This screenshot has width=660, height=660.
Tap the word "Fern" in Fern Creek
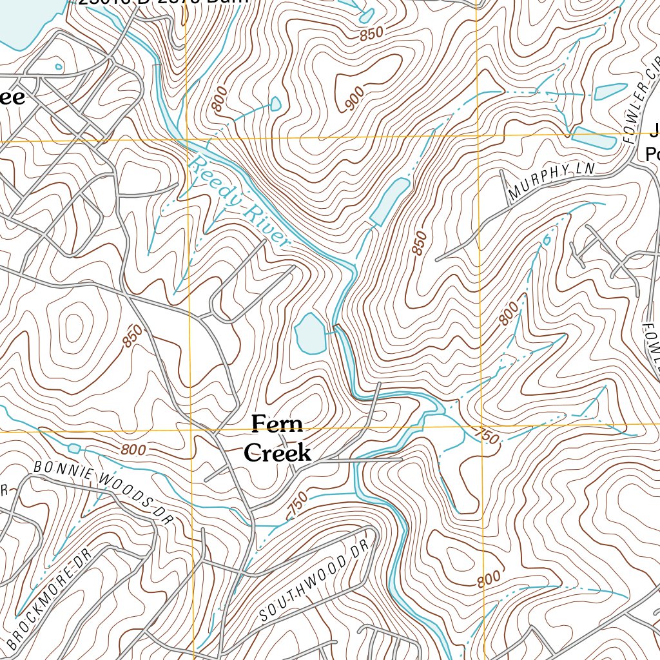pyautogui.click(x=277, y=425)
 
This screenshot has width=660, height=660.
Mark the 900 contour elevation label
pyautogui.click(x=354, y=98)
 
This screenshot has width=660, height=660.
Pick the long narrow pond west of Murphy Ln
pyautogui.click(x=389, y=202)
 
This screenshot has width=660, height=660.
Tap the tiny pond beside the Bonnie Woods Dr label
pyautogui.click(x=73, y=448)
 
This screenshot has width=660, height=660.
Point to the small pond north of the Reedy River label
pyautogui.click(x=276, y=103)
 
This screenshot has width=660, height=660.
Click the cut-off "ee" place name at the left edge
pyautogui.click(x=13, y=97)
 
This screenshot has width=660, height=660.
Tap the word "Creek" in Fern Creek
pyautogui.click(x=278, y=452)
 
